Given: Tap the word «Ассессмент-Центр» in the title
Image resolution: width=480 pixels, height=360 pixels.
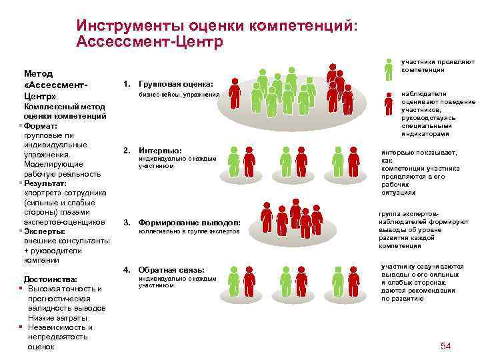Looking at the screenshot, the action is pos(149,41).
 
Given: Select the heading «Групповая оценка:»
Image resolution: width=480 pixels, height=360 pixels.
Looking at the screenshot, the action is pos(176,85).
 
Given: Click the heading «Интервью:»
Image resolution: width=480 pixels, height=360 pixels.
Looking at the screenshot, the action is pos(160,150).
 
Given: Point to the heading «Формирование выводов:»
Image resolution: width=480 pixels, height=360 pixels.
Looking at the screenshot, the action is pos(189,222).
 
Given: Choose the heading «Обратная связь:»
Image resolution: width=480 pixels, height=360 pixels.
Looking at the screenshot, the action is pos(171,269).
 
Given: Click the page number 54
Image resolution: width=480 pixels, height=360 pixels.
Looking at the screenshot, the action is pos(446,345).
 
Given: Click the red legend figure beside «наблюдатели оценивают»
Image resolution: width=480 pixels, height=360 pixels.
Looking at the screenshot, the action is pos(389,105).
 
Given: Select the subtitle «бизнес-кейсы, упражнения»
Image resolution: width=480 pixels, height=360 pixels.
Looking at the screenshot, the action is pos(179,95).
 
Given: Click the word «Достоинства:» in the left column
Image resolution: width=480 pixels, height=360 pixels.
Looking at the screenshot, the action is pos(50,279).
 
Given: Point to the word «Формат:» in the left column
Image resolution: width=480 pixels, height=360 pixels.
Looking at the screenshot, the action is pos(42,125).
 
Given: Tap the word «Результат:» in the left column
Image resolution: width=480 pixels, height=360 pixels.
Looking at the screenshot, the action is pos(46,183).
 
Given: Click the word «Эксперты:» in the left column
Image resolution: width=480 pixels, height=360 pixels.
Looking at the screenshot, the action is pos(44,231).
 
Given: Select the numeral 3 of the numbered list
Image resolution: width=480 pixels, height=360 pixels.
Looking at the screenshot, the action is pos(126,222).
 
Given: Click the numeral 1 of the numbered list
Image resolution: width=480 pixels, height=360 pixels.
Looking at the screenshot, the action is pos(126,85).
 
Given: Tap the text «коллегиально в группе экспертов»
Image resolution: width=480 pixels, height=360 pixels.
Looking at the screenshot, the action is pos(189,231).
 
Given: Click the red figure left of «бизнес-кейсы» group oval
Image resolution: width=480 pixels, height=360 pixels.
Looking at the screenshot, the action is pos(234,93).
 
